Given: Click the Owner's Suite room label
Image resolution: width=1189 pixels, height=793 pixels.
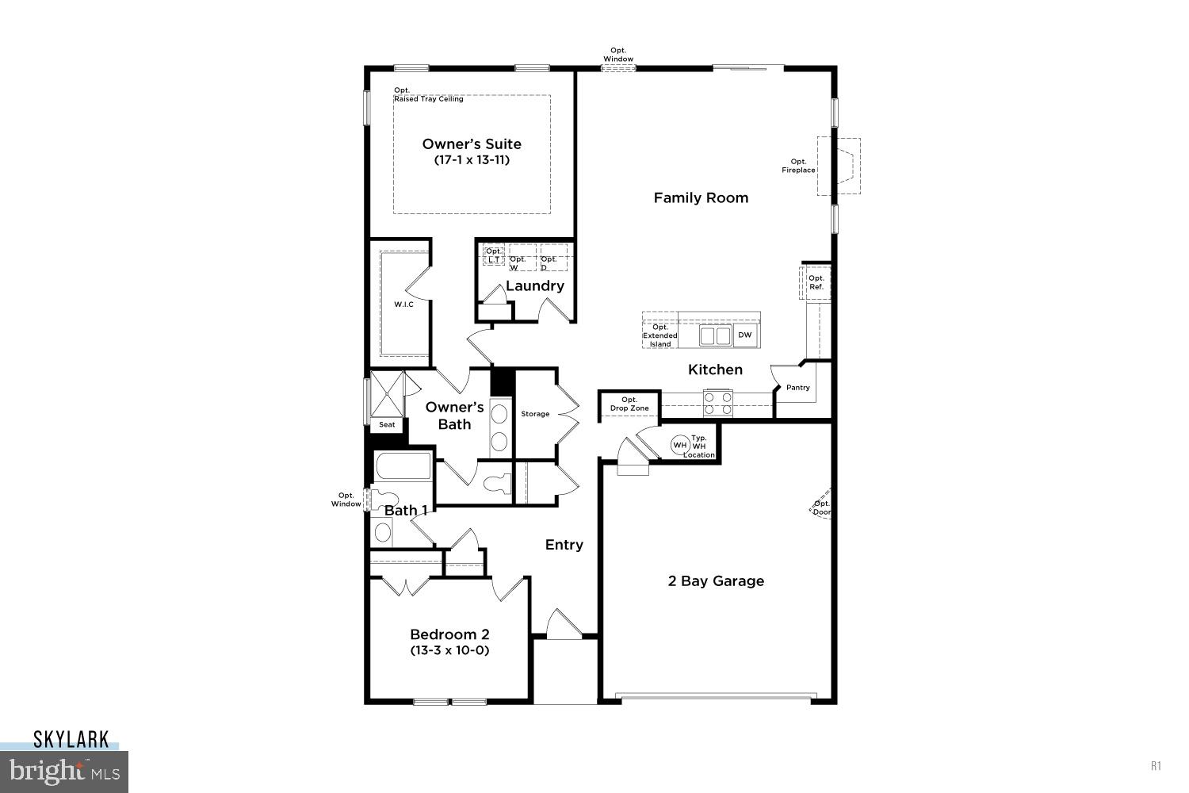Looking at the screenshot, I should [x=472, y=144].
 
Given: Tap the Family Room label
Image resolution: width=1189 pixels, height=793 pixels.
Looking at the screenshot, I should [x=701, y=198].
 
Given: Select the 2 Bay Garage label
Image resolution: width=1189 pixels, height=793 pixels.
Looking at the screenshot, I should [x=716, y=581].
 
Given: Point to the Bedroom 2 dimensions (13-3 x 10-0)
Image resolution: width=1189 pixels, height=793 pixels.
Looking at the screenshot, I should [x=449, y=650].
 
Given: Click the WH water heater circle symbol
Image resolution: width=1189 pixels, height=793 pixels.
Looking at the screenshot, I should [x=679, y=445].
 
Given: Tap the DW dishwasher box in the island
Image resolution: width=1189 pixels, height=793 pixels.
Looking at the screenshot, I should [x=745, y=335].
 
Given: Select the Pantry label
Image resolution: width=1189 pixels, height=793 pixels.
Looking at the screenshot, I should [x=798, y=388].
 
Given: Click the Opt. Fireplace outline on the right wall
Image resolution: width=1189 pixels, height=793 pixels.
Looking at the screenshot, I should [x=843, y=167].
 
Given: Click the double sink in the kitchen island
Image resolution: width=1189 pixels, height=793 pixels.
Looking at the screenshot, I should [x=716, y=335].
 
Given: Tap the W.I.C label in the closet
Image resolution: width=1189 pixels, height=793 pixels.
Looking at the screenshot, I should [x=403, y=304].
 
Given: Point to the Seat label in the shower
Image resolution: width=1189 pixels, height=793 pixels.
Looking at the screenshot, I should [x=387, y=425].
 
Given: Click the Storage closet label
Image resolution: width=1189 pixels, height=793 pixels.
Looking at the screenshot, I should [x=535, y=414].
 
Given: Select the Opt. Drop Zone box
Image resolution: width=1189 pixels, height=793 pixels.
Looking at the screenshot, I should [x=629, y=404].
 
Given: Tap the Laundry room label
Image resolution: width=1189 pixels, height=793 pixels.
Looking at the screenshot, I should [x=535, y=286].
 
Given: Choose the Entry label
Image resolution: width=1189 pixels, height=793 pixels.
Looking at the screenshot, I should [x=564, y=545].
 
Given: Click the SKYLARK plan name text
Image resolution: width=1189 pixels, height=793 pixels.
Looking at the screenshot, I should [x=71, y=740].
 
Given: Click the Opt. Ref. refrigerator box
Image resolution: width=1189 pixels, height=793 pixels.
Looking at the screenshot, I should [x=816, y=282].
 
